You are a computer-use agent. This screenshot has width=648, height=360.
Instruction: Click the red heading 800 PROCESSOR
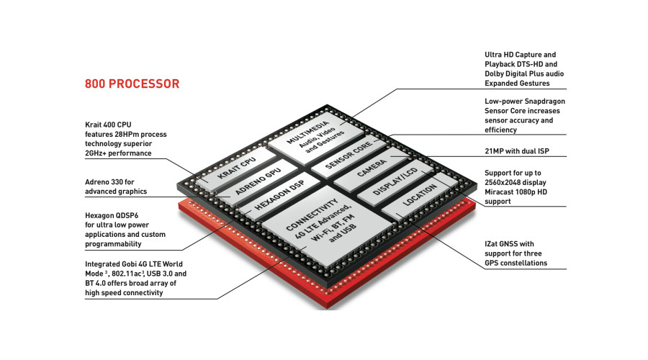click(x=132, y=84)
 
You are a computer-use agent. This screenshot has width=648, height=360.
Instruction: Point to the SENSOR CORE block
click(x=348, y=155)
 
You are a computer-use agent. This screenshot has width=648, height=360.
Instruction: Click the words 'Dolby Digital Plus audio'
click(x=524, y=74)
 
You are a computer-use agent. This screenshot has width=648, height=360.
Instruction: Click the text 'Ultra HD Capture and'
click(x=521, y=55)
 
